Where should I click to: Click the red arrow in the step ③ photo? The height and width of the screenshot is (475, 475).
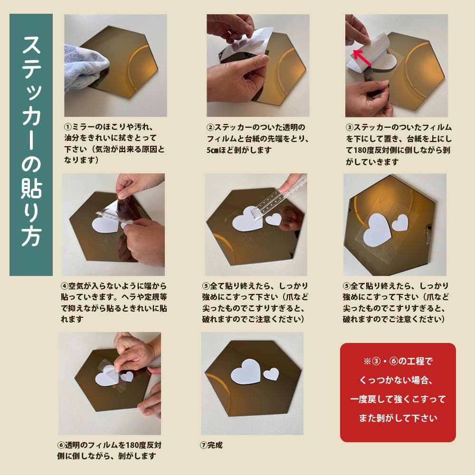[363, 57]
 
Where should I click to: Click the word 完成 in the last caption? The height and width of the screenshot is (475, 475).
[215, 446]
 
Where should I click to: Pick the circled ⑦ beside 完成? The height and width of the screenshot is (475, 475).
[204, 446]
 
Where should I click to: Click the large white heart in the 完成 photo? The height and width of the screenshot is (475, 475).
[246, 372]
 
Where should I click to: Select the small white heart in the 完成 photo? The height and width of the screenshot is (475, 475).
[271, 374]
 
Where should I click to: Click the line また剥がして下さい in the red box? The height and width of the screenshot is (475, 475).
[398, 418]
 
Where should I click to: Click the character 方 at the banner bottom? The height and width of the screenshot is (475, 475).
[31, 238]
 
